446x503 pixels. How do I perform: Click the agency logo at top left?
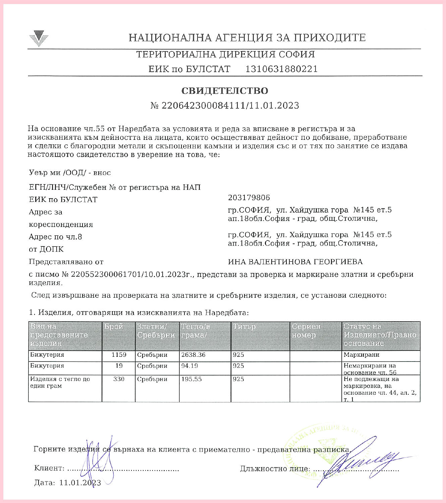[39, 38]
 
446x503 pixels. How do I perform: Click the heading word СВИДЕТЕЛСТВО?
[225, 91]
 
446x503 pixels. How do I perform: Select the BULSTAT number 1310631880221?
[281, 69]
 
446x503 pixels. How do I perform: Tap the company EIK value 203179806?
[249, 198]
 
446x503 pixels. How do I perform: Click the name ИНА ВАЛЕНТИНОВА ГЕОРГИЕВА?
[295, 262]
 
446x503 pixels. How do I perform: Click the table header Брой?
[114, 327]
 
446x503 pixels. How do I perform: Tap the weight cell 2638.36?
[193, 355]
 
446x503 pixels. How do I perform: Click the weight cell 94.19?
[189, 366]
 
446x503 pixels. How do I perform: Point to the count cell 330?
[119, 379]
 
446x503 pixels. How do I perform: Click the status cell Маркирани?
[361, 355]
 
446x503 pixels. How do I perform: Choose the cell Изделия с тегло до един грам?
[60, 383]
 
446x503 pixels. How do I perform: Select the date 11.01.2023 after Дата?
[80, 483]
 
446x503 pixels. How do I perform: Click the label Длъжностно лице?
[275, 469]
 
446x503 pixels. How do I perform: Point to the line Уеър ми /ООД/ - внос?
[70, 173]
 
